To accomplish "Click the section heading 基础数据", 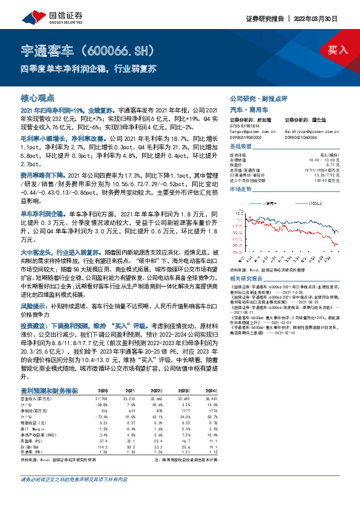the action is click(x=240, y=147).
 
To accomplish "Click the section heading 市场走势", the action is click(x=240, y=189).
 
